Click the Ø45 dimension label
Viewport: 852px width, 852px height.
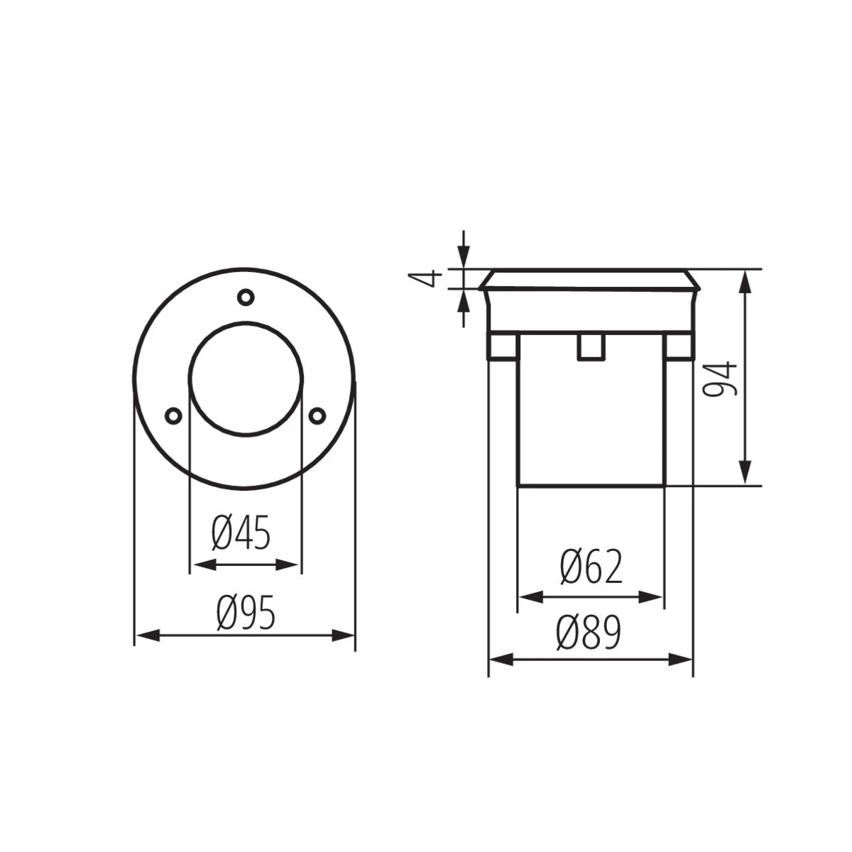241,534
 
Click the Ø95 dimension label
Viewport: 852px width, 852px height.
245,613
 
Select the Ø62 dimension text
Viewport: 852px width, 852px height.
591,567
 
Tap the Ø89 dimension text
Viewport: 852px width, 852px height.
589,633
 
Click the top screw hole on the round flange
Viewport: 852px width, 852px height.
245,295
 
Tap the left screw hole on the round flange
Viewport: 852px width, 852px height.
172,415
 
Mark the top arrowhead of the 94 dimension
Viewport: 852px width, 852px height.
745,281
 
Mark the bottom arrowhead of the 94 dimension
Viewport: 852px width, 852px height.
745,474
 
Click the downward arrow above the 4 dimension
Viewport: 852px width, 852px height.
464,256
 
